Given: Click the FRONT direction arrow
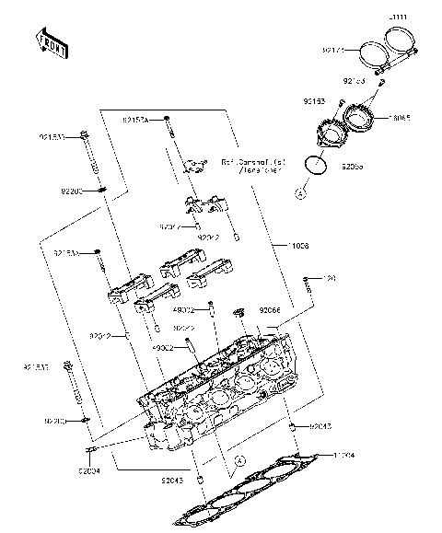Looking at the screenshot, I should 50,42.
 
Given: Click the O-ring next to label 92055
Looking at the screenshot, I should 315,167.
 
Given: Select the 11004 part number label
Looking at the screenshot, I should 343,455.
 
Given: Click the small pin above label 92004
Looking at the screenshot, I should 91,450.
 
